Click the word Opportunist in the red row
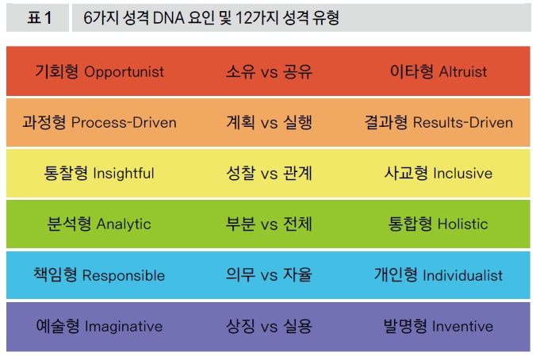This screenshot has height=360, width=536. pos(124,72)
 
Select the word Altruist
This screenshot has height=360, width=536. pos(463,72)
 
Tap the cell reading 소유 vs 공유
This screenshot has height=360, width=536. pos(269,72)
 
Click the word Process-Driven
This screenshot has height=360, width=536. pos(124,122)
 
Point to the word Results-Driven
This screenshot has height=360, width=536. pos(463,122)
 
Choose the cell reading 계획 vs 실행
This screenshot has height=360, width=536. pos(269,122)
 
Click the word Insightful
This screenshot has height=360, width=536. pos(124,173)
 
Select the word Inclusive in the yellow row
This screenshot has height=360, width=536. pos(463,173)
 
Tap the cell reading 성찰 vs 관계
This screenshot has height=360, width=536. pos(269,173)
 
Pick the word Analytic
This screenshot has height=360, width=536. pos(124,224)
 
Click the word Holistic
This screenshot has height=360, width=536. pos(463,224)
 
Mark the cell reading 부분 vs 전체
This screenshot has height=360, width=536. pos(269,224)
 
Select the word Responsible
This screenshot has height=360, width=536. pos(124,276)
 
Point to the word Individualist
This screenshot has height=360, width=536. pos(463,275)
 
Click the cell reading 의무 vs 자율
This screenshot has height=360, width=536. pos(269,275)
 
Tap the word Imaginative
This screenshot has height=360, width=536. pos(124,327)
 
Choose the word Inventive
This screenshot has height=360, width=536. pos(463,326)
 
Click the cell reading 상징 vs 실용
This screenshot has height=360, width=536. pos(269,326)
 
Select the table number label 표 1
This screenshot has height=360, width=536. pos(40,17)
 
